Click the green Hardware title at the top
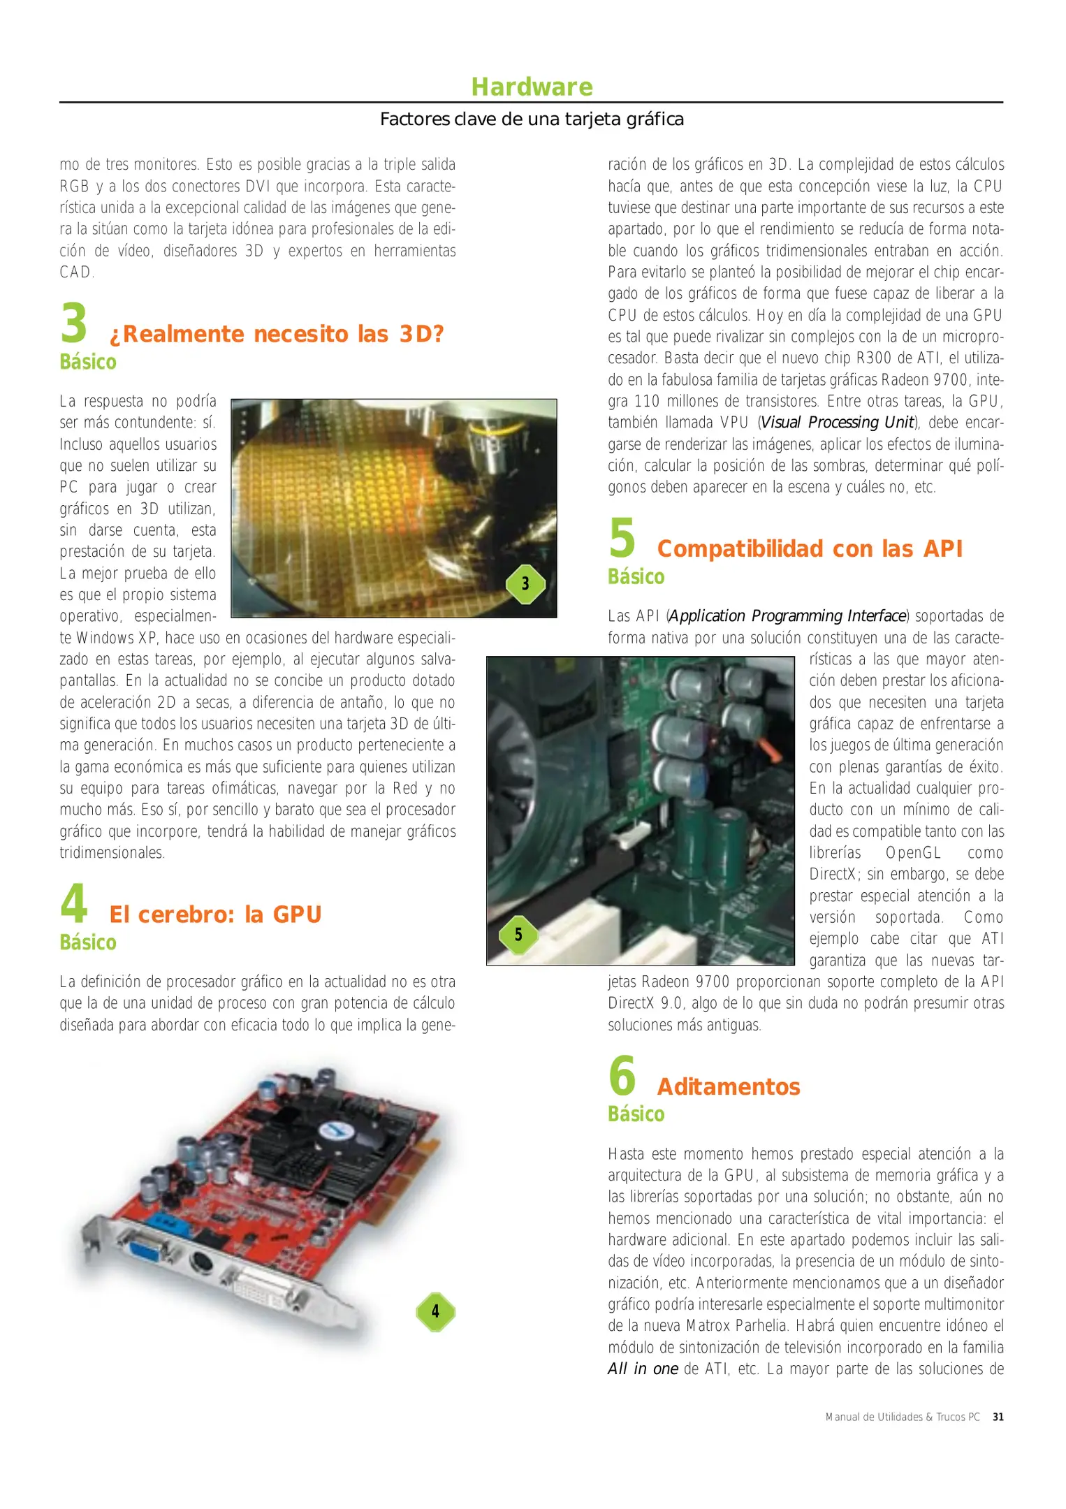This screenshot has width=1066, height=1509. [532, 87]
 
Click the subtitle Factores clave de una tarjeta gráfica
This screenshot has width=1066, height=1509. [532, 119]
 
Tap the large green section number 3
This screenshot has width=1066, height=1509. [74, 323]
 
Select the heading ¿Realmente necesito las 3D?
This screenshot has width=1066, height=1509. [277, 334]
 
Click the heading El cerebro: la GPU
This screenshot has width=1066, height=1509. [215, 914]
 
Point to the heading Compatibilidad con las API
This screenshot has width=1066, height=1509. [810, 549]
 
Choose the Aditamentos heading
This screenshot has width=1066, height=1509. [729, 1087]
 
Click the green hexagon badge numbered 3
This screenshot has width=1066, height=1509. [525, 584]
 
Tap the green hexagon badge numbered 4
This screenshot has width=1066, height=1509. [435, 1311]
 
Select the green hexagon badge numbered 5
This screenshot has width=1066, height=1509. [518, 935]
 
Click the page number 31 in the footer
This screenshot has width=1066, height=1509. [998, 1417]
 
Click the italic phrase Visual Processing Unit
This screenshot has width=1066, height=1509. [837, 423]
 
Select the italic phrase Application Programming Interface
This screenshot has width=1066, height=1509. [787, 616]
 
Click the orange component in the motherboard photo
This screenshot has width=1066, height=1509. [768, 750]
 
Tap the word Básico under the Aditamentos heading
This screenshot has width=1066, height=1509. [636, 1114]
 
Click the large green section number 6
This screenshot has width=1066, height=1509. [622, 1077]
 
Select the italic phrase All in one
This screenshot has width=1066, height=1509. [643, 1369]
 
